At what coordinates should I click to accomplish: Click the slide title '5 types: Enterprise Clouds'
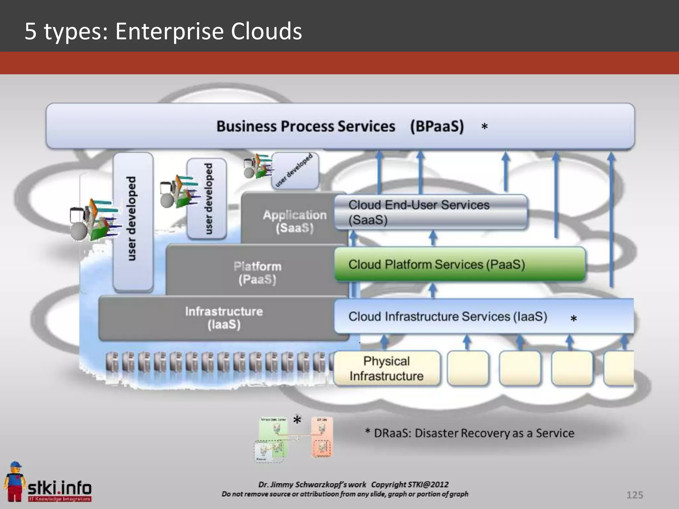(163, 31)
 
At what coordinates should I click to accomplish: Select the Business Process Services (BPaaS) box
(340, 126)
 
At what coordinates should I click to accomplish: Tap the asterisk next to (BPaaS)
(484, 127)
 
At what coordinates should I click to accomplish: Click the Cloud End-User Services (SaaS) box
(430, 212)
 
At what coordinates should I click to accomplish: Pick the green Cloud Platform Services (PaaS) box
(460, 264)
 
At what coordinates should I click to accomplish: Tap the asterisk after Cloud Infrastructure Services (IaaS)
(574, 319)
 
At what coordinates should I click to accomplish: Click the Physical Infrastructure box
(387, 368)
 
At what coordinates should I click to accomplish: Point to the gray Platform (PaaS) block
(257, 272)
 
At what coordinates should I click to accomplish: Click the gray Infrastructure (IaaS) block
(224, 318)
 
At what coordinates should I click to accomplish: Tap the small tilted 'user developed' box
(294, 170)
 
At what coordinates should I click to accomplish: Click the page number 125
(635, 495)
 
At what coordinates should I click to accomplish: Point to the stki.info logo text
(60, 488)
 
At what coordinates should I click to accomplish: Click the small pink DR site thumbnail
(322, 437)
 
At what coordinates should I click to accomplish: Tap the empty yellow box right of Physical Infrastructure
(467, 368)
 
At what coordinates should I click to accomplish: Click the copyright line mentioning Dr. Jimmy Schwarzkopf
(353, 484)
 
